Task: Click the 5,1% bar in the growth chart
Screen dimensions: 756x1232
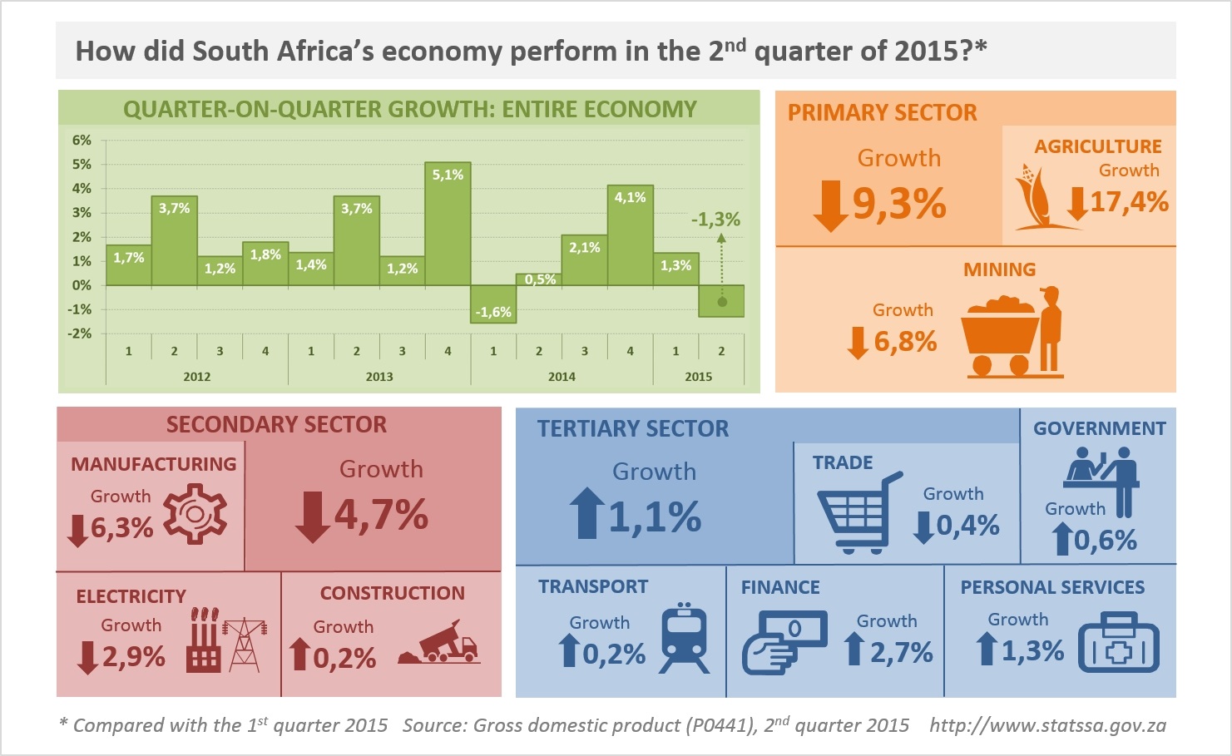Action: coord(448,225)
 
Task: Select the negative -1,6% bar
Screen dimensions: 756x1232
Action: coord(493,304)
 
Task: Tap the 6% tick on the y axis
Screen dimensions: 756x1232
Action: coord(82,141)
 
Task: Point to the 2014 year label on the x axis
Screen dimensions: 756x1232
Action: coord(562,377)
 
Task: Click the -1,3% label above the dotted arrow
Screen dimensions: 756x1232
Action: coord(715,220)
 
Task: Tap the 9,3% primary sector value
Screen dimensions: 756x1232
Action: coord(899,203)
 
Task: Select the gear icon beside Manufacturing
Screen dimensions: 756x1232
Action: coord(195,515)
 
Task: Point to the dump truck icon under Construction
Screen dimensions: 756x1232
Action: coord(439,644)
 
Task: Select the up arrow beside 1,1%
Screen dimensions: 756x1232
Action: coord(587,513)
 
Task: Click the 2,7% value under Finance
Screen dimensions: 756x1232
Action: coord(902,653)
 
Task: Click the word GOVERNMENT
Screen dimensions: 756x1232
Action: coord(1099,428)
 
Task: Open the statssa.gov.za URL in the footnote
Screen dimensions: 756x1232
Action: coord(1047,725)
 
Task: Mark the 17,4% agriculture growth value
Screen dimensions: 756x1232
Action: coord(1129,202)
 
